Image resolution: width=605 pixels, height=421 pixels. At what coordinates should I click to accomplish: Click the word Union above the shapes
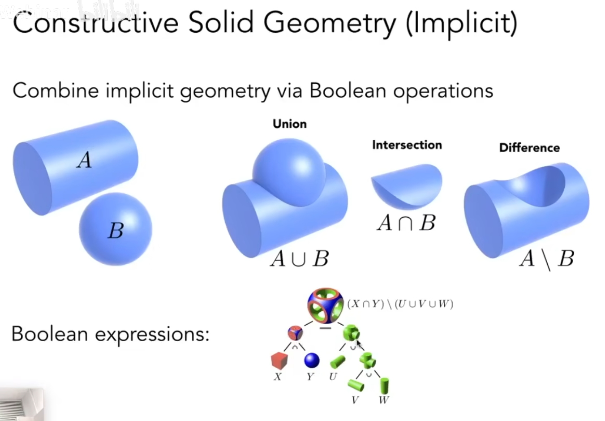pos(290,124)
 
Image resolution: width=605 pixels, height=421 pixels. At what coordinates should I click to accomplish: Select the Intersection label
pos(407,145)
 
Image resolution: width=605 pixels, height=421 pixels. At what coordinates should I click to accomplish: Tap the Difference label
pos(529,148)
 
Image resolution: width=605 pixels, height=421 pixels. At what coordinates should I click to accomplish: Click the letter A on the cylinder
pos(85,159)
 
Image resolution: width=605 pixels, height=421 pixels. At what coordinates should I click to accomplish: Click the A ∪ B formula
pos(300,258)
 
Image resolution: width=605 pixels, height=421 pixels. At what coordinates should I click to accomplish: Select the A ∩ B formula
pos(406,223)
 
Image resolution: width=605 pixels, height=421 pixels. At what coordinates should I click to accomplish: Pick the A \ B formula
pos(547,259)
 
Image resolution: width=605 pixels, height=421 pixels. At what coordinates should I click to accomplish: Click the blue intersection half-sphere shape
pos(407,187)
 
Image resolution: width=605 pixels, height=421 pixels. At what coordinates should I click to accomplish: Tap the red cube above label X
pos(279,361)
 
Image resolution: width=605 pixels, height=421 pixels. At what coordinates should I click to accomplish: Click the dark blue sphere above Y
pos(312,360)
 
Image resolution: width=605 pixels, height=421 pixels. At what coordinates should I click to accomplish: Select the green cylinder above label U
pos(338,362)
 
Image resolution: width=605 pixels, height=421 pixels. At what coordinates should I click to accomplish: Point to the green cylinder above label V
pos(356,385)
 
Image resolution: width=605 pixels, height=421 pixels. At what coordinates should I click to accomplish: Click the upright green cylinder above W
pos(384,386)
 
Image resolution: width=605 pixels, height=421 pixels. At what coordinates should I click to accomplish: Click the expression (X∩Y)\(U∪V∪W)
pos(400,304)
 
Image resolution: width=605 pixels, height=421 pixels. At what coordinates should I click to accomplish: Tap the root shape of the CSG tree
pos(326,305)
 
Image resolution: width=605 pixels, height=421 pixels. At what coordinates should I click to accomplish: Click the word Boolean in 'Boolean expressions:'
pos(50,334)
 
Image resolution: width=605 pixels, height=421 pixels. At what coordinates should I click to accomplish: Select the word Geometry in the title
pos(330,23)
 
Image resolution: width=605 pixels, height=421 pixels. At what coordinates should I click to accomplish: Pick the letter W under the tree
pos(384,400)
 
